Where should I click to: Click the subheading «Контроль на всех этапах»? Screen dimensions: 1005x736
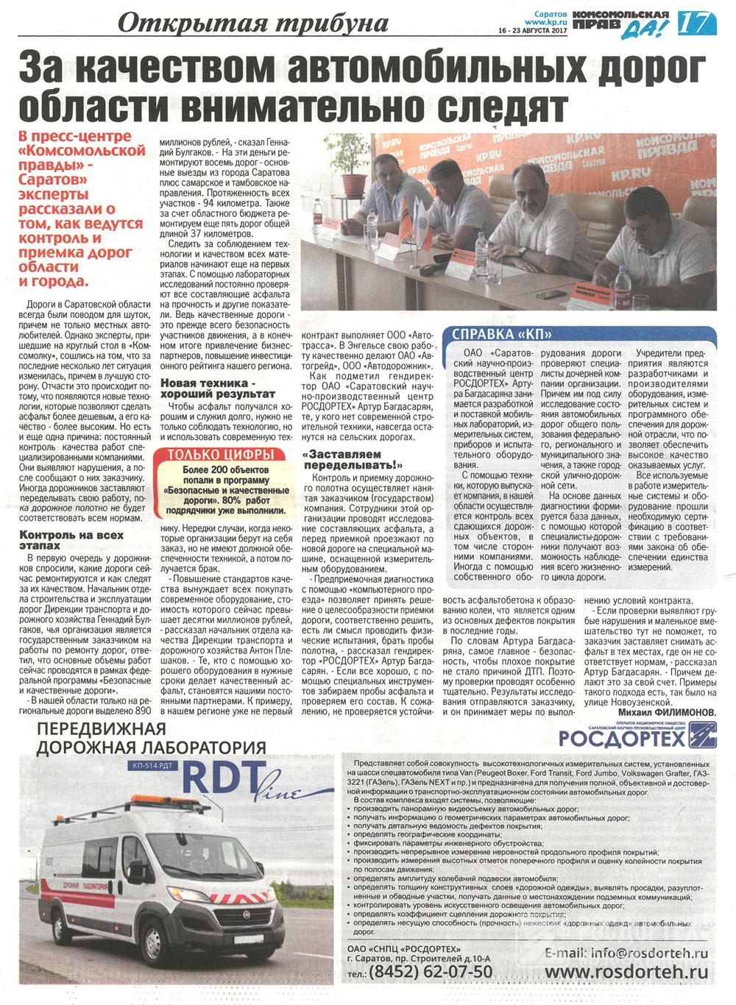point(71,540)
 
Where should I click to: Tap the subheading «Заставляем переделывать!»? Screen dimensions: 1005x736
point(353,460)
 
